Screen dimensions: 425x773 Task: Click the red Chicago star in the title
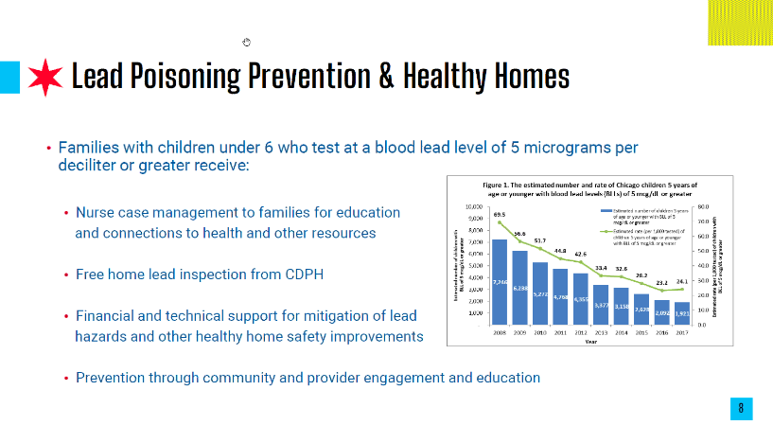click(46, 76)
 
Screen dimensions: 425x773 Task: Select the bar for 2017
click(682, 312)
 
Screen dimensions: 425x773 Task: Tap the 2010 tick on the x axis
click(539, 332)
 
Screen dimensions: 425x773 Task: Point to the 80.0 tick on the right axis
click(705, 206)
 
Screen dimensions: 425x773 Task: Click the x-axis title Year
click(590, 342)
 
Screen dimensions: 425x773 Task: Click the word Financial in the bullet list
click(109, 315)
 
